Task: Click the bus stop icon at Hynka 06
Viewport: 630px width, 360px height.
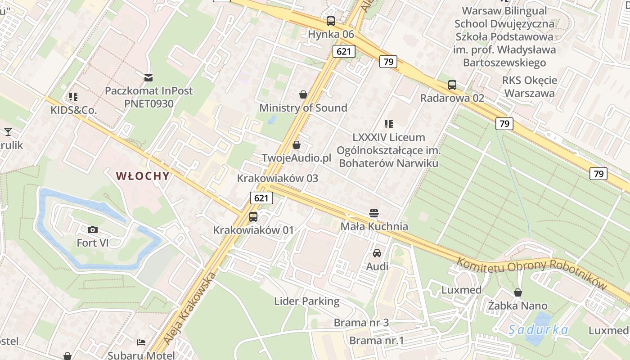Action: click(331, 21)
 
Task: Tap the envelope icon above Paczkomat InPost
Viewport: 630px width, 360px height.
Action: click(148, 77)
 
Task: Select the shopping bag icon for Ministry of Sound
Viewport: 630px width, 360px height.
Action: click(303, 94)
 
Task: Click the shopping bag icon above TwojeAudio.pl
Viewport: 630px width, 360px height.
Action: click(297, 145)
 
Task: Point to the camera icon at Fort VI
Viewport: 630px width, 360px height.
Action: click(93, 230)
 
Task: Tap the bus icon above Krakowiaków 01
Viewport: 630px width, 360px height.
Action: click(253, 217)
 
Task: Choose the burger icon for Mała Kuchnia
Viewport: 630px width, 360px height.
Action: click(374, 213)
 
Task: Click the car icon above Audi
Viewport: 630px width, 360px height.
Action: click(377, 253)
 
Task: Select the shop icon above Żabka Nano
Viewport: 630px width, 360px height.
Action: click(518, 292)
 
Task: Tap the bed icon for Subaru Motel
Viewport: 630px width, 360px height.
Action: click(141, 342)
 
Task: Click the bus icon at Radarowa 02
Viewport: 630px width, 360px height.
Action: click(452, 85)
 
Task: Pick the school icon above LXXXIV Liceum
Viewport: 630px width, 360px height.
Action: click(389, 124)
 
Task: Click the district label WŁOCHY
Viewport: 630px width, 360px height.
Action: click(143, 176)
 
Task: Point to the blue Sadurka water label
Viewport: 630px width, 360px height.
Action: click(538, 330)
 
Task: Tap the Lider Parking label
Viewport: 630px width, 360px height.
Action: click(307, 301)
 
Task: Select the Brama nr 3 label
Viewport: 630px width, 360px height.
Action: click(361, 323)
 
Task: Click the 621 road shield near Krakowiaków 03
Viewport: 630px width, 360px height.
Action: click(261, 198)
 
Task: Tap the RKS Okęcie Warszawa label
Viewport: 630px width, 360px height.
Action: click(530, 87)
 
